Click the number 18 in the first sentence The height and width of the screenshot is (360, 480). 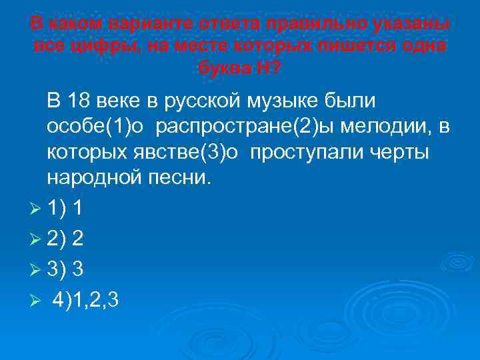(x=79, y=101)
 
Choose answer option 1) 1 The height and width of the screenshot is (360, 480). (x=65, y=209)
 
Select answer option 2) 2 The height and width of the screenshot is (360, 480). (x=65, y=239)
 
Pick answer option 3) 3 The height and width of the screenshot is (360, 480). (x=65, y=268)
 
